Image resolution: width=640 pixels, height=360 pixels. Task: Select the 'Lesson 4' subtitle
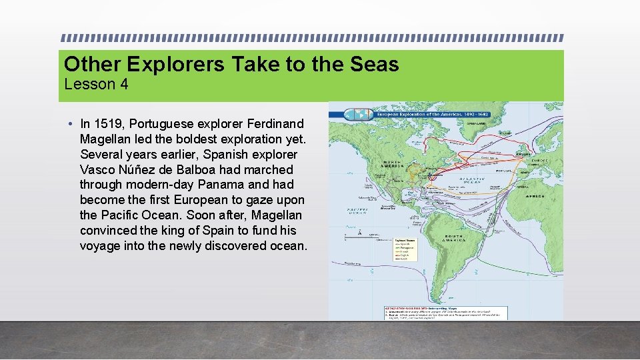coord(96,85)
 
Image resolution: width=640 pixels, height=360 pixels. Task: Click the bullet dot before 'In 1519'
coord(70,124)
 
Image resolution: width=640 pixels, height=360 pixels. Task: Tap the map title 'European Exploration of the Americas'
coord(419,114)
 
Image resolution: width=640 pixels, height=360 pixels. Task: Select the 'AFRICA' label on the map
coord(535,196)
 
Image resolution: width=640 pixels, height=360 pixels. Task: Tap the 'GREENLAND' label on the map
coord(476,123)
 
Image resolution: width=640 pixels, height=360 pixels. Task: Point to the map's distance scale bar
coord(373,235)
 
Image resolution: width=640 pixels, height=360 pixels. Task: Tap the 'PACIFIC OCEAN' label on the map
coord(354,211)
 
